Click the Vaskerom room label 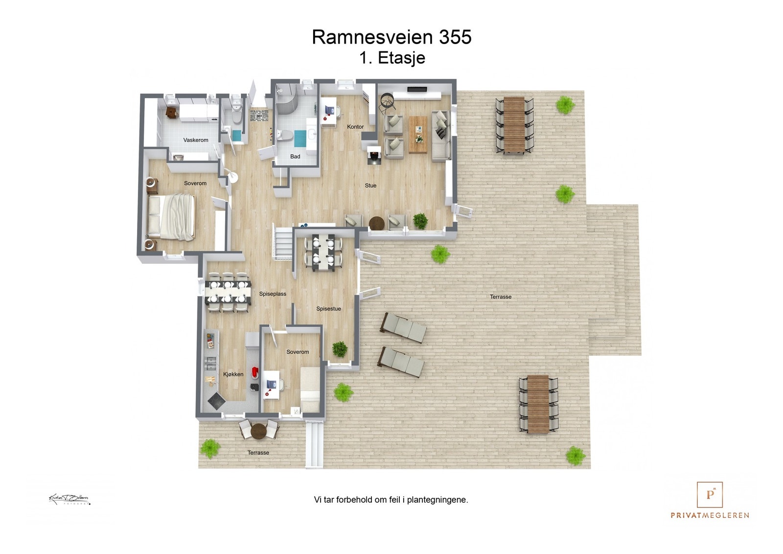pyautogui.click(x=196, y=140)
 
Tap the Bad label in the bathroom pyautogui.click(x=295, y=157)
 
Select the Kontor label pyautogui.click(x=355, y=127)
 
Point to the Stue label pyautogui.click(x=370, y=185)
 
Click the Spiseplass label pyautogui.click(x=273, y=294)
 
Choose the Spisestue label pyautogui.click(x=328, y=309)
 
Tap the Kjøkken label pyautogui.click(x=233, y=374)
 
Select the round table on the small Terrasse pyautogui.click(x=258, y=431)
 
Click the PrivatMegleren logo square pyautogui.click(x=710, y=495)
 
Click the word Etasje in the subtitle pyautogui.click(x=402, y=58)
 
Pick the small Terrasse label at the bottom pyautogui.click(x=258, y=453)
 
